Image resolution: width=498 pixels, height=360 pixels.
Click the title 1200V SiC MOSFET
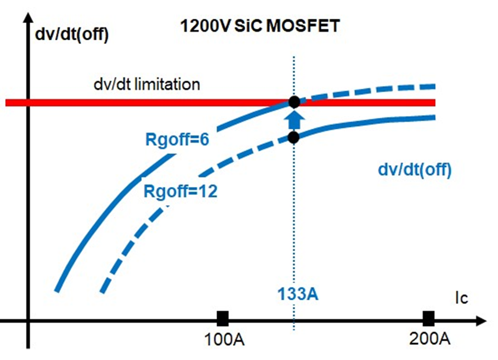pos(259,26)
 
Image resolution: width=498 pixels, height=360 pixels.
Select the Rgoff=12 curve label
pos(180,191)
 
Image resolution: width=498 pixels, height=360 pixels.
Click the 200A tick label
pos(428,339)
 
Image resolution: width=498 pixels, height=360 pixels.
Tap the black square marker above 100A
pos(223,318)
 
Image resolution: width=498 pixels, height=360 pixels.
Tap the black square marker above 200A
pos(428,318)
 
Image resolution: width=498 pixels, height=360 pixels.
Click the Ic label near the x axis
pos(460,299)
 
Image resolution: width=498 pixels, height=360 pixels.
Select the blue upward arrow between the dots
pos(294,119)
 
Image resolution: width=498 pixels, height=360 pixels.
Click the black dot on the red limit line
pos(294,101)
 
